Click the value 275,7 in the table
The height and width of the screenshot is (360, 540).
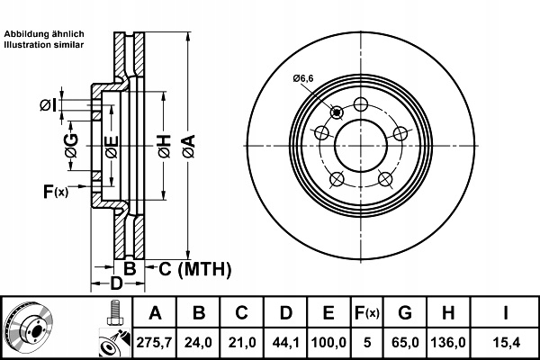point(154,342)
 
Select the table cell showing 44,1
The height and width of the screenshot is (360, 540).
point(286,342)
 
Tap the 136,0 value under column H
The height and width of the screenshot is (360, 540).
point(448,342)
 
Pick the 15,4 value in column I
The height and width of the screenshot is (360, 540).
point(506,342)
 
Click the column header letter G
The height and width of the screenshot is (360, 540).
point(405,313)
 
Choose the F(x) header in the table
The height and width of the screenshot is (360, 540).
point(367,313)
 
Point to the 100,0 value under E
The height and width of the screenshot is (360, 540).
point(328,342)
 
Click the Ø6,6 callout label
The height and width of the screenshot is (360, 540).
point(303,78)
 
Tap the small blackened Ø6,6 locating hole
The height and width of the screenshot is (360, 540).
point(337,112)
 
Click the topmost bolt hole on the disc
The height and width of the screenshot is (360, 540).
point(361,104)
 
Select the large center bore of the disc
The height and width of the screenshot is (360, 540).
point(361,146)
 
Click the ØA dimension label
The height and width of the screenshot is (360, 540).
point(189,147)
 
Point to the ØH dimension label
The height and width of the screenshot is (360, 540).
point(165,147)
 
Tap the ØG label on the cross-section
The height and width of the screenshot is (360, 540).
point(72,146)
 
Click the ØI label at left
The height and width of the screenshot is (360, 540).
point(48,105)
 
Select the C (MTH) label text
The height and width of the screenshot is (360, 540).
point(195,269)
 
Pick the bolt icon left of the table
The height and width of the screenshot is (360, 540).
point(115,313)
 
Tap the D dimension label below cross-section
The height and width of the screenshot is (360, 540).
point(116,283)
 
